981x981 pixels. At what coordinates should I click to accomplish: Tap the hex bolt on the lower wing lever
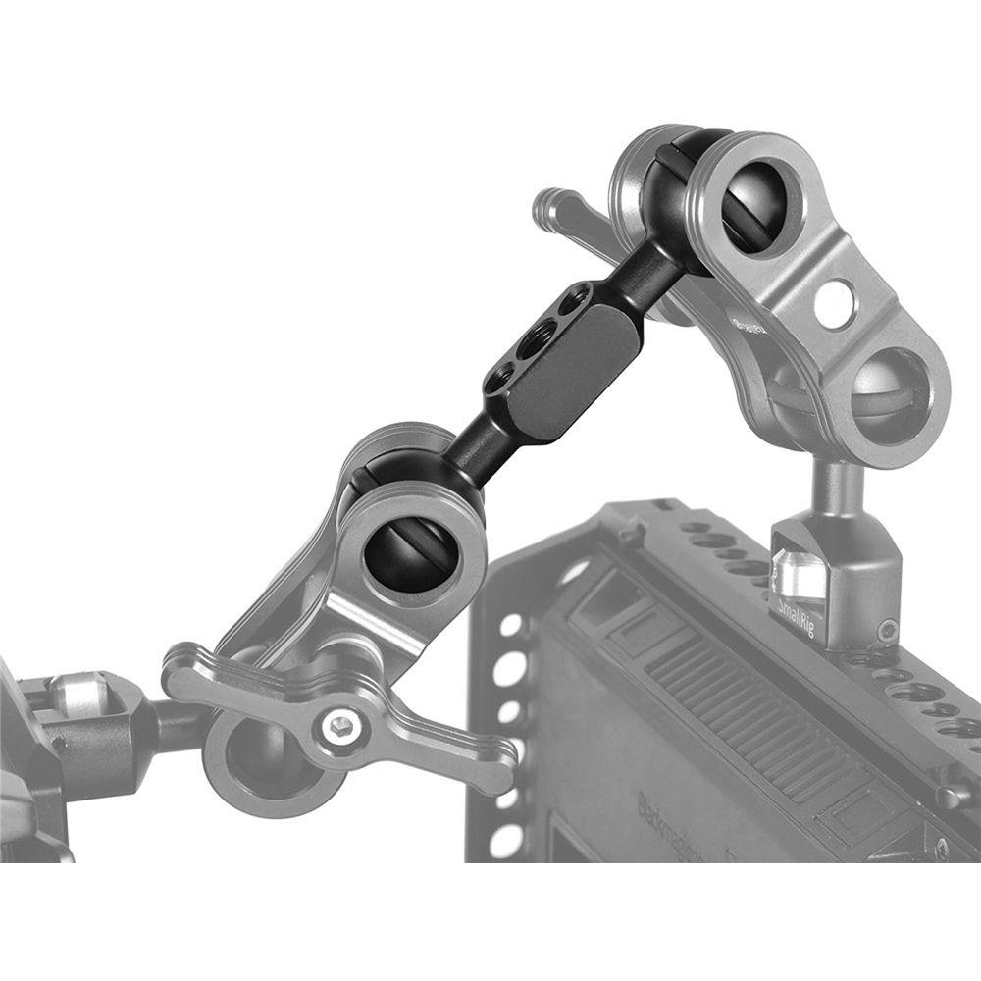[338, 726]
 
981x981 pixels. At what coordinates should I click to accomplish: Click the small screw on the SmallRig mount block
[887, 628]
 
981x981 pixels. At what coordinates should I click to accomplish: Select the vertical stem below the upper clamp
[839, 486]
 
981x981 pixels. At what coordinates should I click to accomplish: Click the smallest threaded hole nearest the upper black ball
[578, 295]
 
